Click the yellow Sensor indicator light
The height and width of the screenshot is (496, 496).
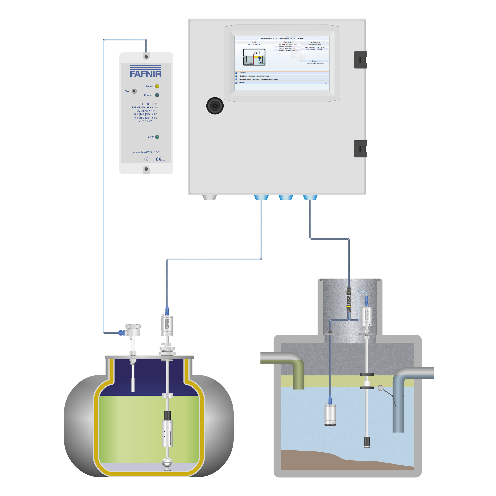(x=157, y=86)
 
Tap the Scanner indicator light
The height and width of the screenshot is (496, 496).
(x=157, y=95)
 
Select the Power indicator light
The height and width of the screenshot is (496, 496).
(x=157, y=137)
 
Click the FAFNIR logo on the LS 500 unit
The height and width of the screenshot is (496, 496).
(x=146, y=71)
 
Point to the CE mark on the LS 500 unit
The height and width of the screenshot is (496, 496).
(x=159, y=159)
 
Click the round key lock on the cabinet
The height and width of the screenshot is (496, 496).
(x=215, y=105)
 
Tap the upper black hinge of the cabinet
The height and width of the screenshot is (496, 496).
(x=360, y=60)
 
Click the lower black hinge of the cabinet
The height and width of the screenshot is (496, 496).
(x=360, y=149)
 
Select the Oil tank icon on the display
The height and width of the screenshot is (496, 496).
(x=254, y=57)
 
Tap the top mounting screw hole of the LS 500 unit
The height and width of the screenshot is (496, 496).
(x=146, y=56)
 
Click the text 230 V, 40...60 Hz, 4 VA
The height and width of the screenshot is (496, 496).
(x=146, y=152)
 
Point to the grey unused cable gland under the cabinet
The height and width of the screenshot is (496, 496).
(x=210, y=197)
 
